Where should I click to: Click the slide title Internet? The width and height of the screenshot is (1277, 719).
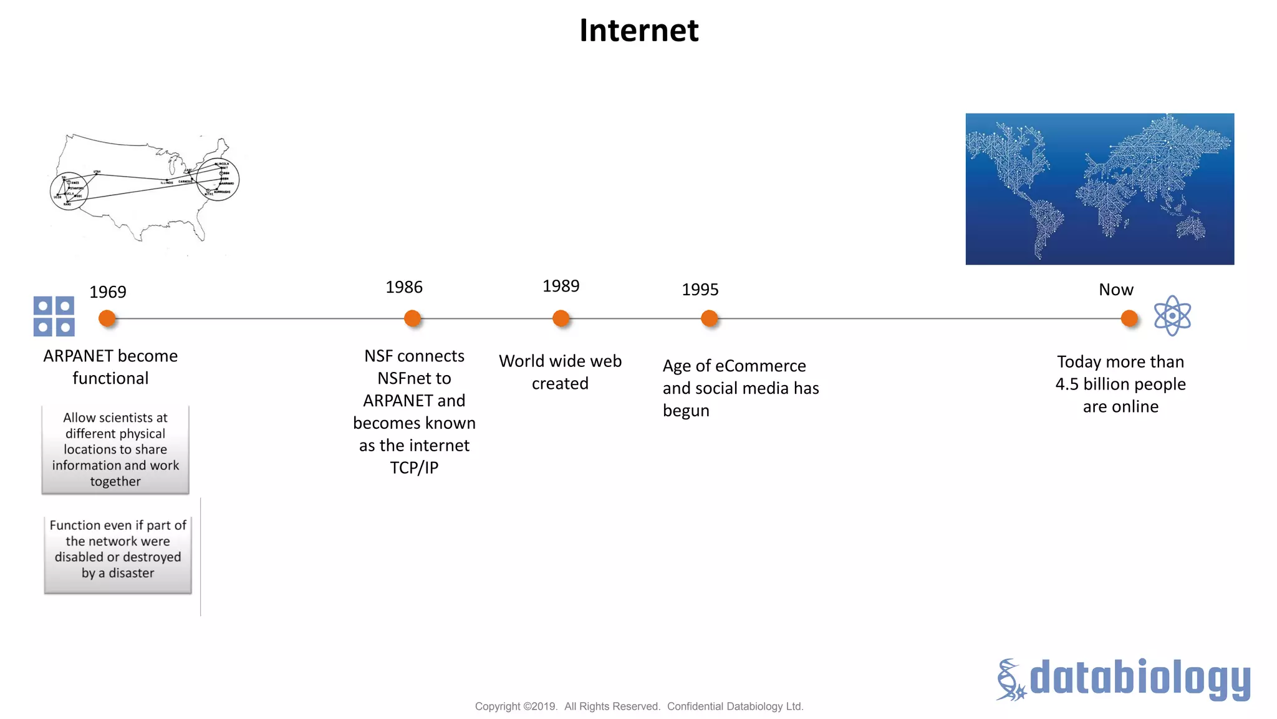point(638,30)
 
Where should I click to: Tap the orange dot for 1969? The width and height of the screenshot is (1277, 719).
point(107,318)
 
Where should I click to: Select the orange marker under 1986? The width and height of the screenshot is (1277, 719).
point(412,318)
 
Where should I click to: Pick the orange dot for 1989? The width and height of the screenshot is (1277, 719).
point(561,318)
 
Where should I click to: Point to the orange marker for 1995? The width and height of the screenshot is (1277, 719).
point(709,318)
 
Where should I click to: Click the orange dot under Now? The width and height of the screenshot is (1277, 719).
point(1129,318)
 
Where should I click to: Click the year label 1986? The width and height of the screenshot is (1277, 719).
point(403,287)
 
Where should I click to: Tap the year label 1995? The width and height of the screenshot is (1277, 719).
point(700,290)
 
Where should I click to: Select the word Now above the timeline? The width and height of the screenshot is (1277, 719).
point(1116,290)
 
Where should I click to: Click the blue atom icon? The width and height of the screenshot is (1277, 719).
point(1172,316)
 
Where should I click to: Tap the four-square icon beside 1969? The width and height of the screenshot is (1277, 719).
point(54,316)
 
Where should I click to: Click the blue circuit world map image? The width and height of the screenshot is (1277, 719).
point(1099,188)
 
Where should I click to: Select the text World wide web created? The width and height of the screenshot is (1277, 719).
point(560,372)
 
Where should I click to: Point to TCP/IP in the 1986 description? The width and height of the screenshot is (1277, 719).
point(414,467)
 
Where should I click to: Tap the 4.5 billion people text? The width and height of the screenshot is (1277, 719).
point(1120,384)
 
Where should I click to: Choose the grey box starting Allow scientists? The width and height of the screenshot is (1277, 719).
point(115,449)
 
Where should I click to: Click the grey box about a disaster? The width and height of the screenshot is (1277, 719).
point(118,554)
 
